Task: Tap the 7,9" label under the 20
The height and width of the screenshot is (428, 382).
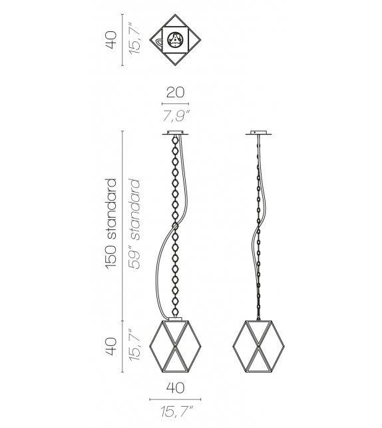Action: (x=176, y=115)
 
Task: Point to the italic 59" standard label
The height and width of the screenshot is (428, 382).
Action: (x=135, y=224)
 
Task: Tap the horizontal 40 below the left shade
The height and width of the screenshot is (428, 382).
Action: (x=176, y=387)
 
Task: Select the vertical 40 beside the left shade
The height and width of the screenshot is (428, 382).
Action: (x=111, y=347)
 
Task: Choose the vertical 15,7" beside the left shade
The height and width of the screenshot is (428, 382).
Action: (x=135, y=347)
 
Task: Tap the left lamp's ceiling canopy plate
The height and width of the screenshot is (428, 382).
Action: (x=176, y=135)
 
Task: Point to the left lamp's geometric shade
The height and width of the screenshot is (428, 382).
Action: (x=176, y=347)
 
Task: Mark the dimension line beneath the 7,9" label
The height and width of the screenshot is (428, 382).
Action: (x=176, y=104)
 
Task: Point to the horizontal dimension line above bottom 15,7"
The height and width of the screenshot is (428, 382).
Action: (x=176, y=399)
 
